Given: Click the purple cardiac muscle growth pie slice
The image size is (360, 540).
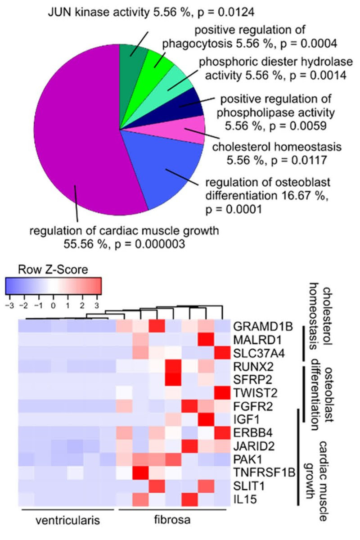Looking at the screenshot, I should pos(72,130).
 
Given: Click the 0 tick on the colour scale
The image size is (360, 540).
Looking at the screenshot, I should pos(53,305).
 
